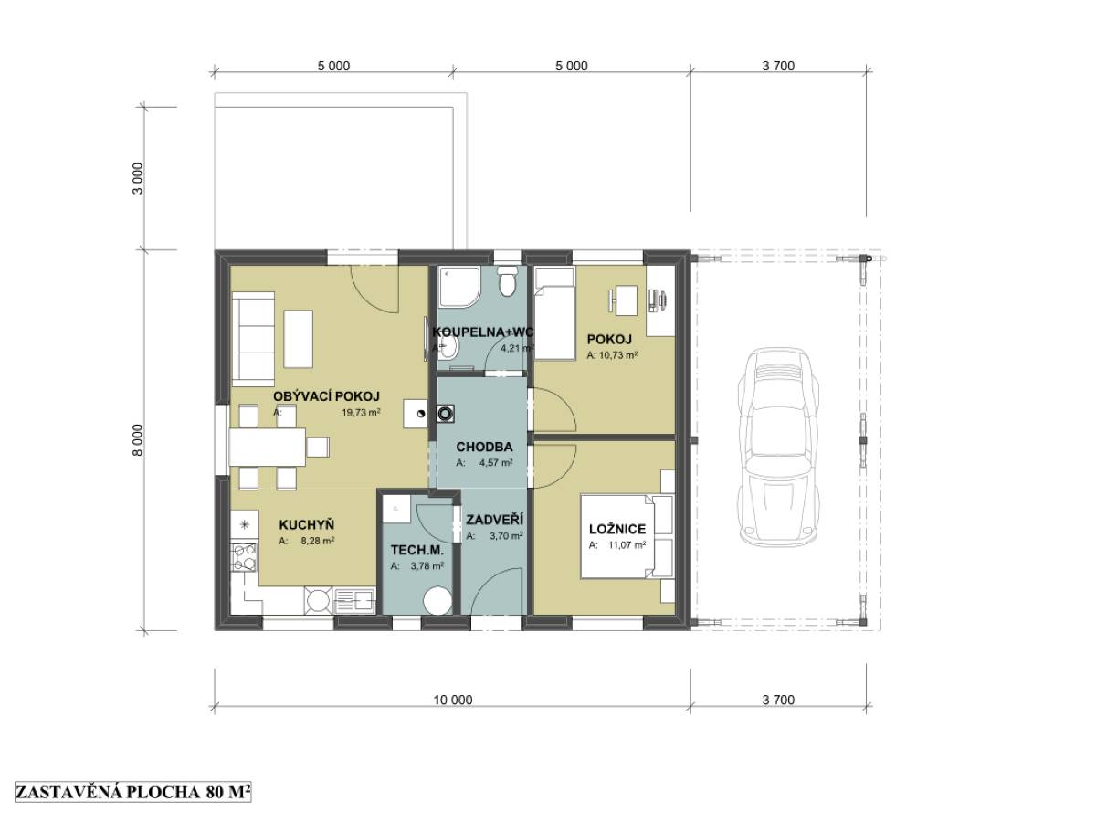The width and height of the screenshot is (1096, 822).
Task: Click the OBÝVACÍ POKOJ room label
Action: (x=326, y=396)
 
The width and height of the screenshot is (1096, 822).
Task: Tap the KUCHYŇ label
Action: (x=306, y=525)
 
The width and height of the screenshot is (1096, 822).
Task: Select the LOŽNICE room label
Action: (x=617, y=529)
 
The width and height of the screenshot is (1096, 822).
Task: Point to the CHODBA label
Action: (x=484, y=447)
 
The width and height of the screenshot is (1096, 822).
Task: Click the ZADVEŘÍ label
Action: (x=494, y=520)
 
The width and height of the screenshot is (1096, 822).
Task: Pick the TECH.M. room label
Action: (x=417, y=551)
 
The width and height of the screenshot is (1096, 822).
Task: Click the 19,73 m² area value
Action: (x=361, y=412)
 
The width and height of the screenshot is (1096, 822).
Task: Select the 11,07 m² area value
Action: (x=627, y=545)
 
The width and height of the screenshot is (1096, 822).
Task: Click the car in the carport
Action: (x=778, y=447)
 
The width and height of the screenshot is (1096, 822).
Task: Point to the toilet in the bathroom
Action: (x=508, y=283)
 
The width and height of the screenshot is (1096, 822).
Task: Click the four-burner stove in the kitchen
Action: (x=244, y=557)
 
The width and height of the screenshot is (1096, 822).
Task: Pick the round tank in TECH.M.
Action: (x=437, y=600)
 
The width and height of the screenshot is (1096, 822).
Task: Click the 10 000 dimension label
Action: (x=452, y=700)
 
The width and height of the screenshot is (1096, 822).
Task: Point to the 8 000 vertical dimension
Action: (x=137, y=440)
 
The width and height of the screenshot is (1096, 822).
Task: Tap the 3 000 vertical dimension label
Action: (x=137, y=179)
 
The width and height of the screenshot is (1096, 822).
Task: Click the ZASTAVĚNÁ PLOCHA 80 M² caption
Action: (x=132, y=792)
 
